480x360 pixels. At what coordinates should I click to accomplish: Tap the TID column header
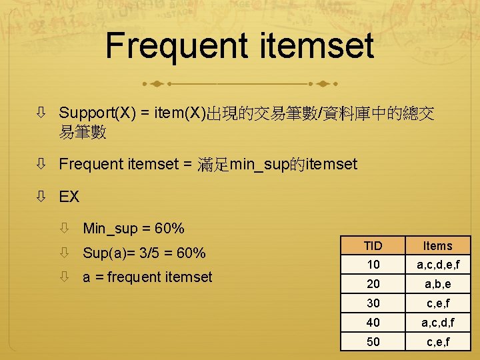click(x=373, y=245)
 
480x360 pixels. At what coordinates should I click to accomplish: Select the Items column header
click(x=438, y=245)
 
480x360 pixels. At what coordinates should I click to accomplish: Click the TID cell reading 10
click(x=373, y=265)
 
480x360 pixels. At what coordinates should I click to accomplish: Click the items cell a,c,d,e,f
click(x=438, y=265)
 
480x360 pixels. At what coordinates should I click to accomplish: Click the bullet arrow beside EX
click(x=41, y=197)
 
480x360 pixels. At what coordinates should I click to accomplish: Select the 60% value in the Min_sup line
click(x=169, y=229)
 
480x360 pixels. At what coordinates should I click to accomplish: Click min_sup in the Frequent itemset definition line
click(x=259, y=163)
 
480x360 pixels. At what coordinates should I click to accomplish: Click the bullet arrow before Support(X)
click(x=41, y=113)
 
